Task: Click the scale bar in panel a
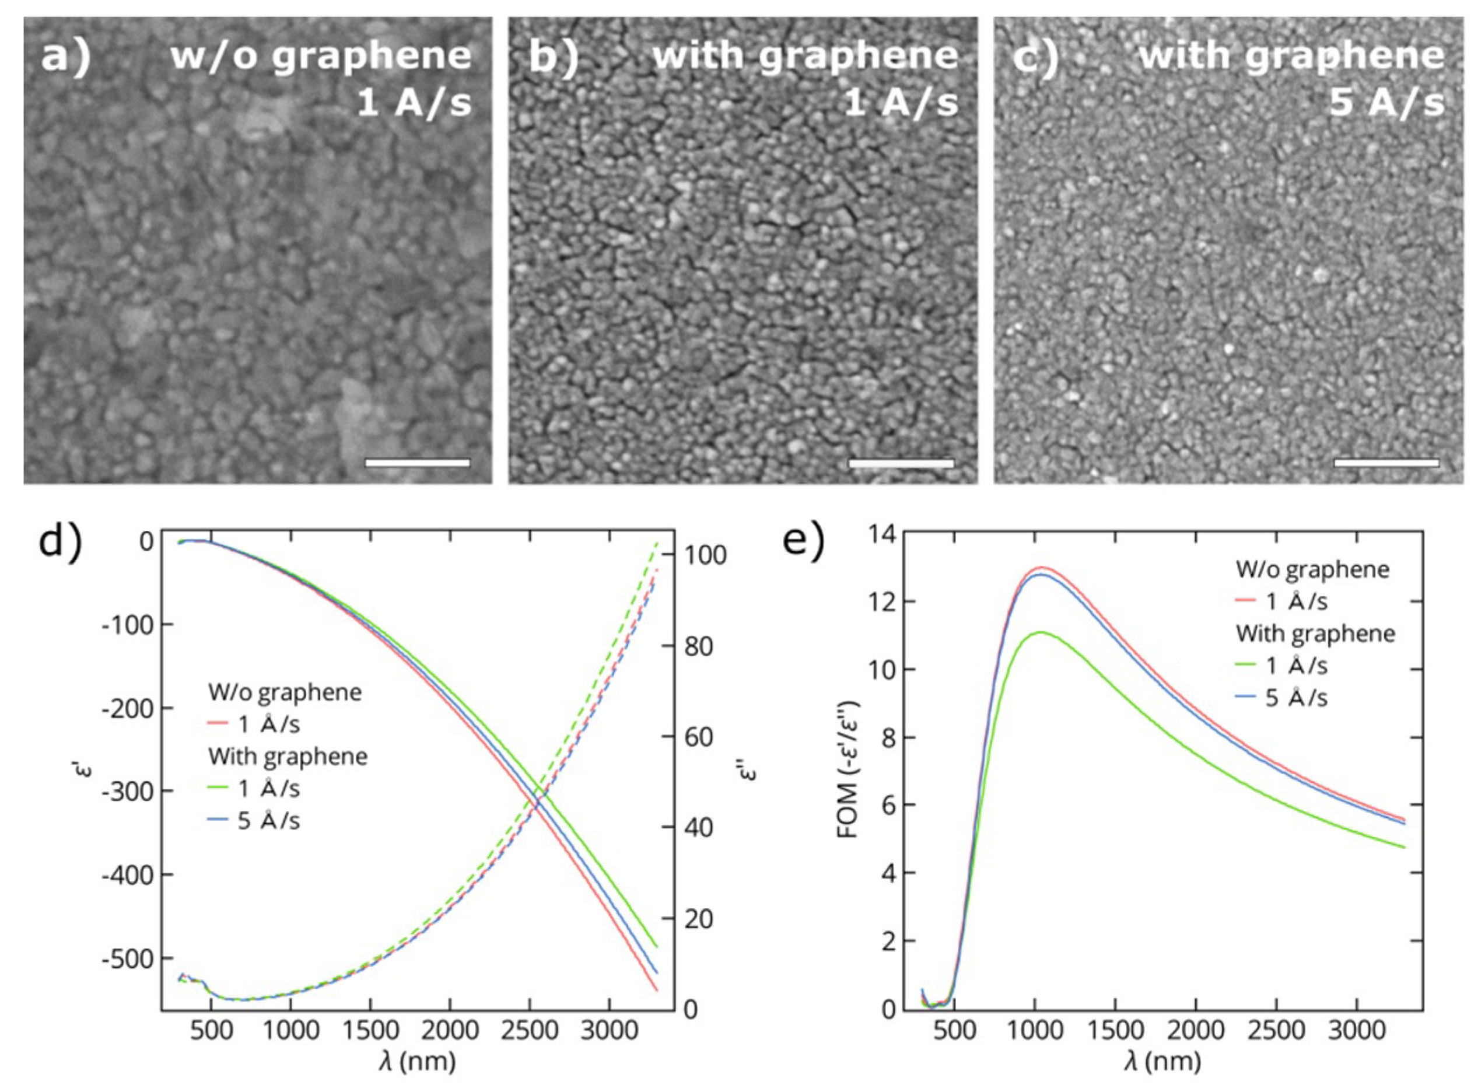tap(417, 463)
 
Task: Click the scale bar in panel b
tap(901, 463)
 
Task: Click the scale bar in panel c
tap(1387, 463)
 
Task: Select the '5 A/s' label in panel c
tap(1387, 103)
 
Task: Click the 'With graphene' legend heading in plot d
tap(288, 756)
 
